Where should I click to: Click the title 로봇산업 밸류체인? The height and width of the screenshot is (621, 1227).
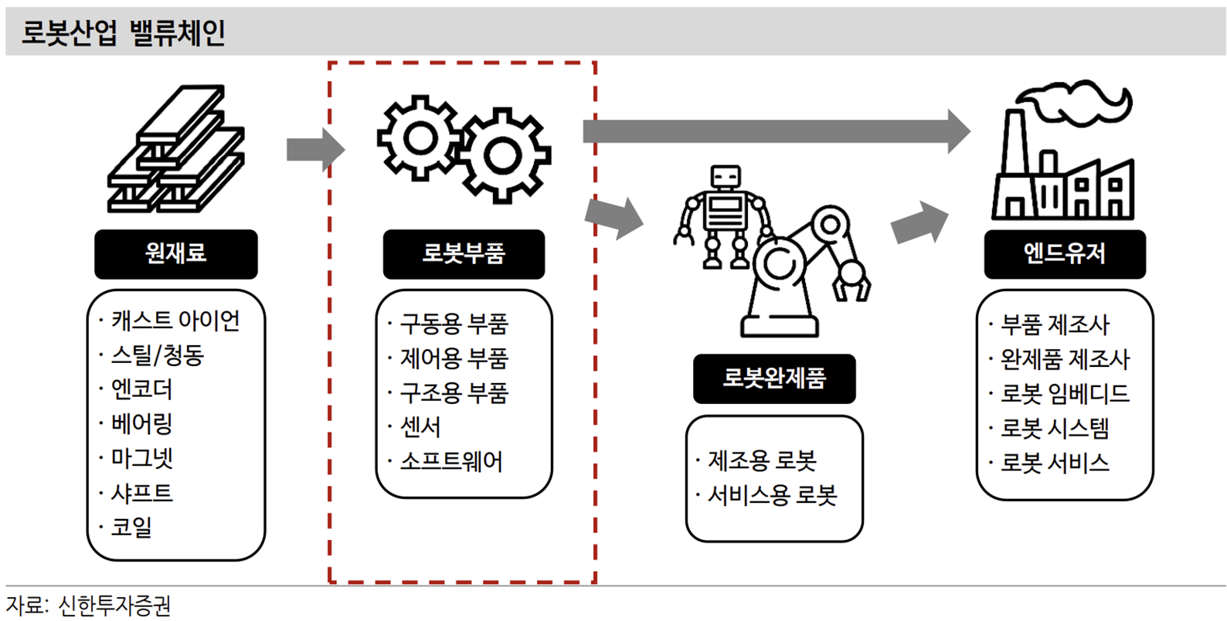point(124,33)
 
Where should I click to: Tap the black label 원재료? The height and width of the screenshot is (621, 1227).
point(175,253)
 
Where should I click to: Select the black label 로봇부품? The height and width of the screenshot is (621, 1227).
point(464,253)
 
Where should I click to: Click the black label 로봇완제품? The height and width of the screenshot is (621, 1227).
point(774,378)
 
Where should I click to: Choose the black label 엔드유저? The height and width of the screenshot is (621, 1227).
point(1064,253)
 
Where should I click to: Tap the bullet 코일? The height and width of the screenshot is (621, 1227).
point(131,528)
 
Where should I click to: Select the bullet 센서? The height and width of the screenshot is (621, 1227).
point(420,427)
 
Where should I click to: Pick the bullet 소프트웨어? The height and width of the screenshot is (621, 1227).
point(451,462)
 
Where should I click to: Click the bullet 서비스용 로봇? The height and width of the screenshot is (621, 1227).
point(772,495)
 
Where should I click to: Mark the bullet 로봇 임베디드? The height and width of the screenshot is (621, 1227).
point(1065,394)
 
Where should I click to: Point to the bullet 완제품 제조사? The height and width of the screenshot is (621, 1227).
point(1065,359)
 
